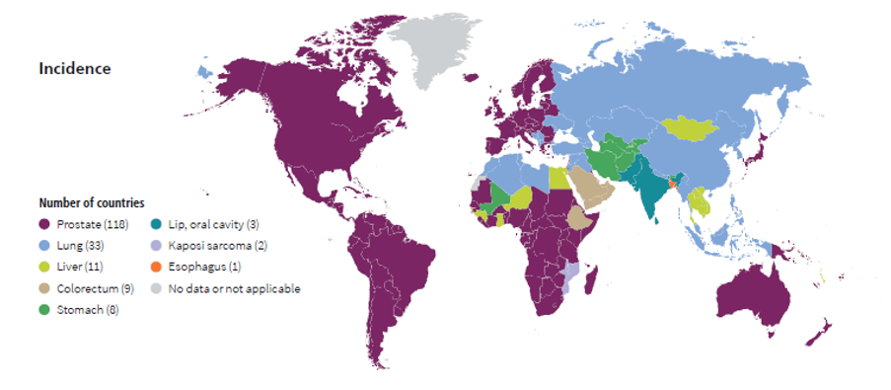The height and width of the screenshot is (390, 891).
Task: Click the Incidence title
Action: click(x=75, y=69)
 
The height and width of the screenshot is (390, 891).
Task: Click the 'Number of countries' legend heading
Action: click(x=92, y=202)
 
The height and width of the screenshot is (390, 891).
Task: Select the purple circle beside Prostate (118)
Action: click(x=44, y=225)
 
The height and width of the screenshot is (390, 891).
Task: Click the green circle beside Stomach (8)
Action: click(x=44, y=310)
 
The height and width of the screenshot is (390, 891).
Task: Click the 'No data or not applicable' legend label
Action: click(x=234, y=288)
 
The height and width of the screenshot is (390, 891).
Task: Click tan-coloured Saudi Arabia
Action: click(x=590, y=188)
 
